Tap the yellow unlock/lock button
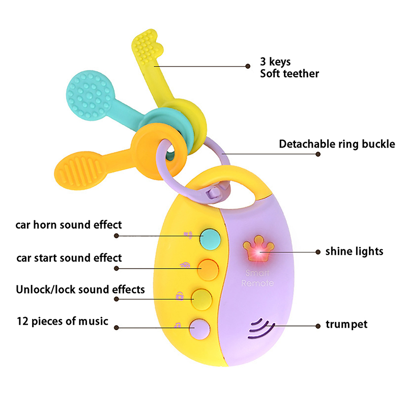(202, 297)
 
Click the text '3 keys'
(275, 62)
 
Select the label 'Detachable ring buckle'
(337, 144)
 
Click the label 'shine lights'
(354, 251)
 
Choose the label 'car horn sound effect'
(69, 224)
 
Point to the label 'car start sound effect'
(69, 257)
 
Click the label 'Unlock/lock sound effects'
(80, 289)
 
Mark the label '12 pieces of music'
(63, 321)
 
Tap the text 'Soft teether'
(289, 74)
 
